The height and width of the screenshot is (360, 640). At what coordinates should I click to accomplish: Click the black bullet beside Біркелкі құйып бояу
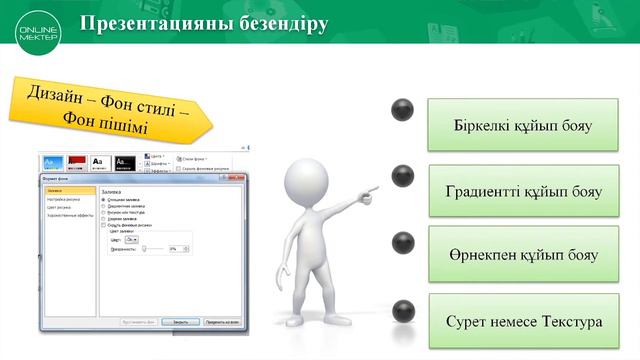point(402,109)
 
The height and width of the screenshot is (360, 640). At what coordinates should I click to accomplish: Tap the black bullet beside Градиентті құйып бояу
point(402,176)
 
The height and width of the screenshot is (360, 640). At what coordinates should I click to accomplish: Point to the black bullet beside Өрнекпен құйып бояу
point(402,243)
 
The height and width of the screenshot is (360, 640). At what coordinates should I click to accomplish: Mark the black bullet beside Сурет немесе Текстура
point(402,310)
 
